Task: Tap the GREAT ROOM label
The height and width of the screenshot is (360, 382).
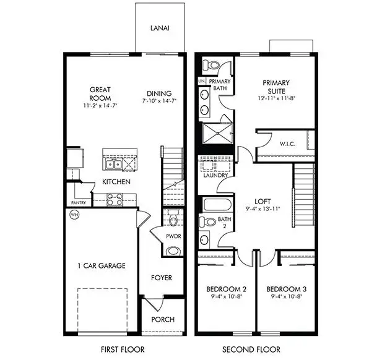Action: [100, 94]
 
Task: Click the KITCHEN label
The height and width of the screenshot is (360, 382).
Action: [116, 182]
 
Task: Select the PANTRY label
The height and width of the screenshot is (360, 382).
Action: [77, 202]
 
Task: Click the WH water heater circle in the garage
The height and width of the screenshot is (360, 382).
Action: [74, 215]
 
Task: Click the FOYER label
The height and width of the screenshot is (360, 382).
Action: [162, 278]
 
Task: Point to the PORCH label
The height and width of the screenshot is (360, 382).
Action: [162, 320]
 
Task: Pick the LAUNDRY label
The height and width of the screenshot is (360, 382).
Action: [214, 175]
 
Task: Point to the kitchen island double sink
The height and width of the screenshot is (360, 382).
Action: [113, 164]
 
